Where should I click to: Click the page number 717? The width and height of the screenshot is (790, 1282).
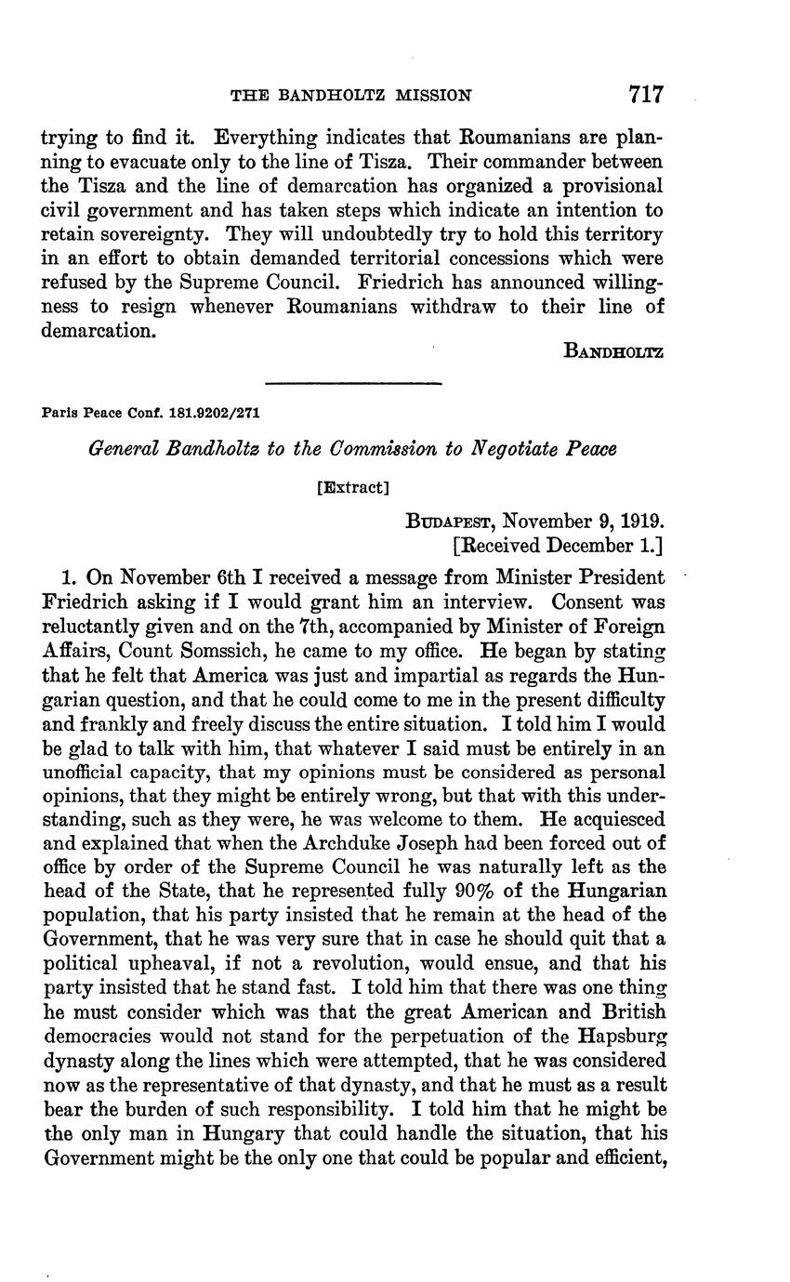pyautogui.click(x=645, y=94)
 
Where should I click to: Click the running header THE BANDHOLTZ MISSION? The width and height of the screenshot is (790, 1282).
pyautogui.click(x=351, y=95)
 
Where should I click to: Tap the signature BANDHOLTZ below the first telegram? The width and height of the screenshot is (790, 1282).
pyautogui.click(x=612, y=351)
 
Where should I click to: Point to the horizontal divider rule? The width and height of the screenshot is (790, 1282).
pyautogui.click(x=352, y=383)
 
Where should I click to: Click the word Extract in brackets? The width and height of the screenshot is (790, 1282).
pyautogui.click(x=352, y=486)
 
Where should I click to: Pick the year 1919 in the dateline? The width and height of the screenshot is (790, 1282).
pyautogui.click(x=635, y=522)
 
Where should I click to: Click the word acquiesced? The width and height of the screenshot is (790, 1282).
pyautogui.click(x=612, y=818)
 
